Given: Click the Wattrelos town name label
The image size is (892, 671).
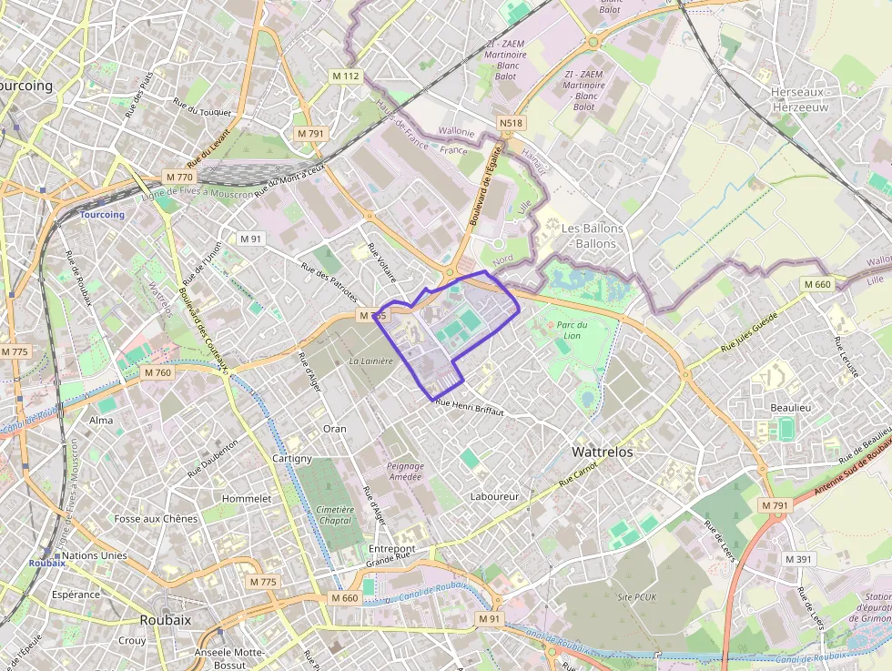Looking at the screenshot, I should tap(602, 452).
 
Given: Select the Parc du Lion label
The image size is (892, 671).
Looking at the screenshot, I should tap(572, 330).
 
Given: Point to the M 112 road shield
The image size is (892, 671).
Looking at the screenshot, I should tap(346, 76).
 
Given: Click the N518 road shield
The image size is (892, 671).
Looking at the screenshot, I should tap(511, 123).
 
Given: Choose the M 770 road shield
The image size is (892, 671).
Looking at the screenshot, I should tap(179, 177).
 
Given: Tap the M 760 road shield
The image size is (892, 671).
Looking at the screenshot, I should tap(157, 372).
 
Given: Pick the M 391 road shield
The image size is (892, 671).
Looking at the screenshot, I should tap(797, 559).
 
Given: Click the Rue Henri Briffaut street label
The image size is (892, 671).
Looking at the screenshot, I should tap(469, 407).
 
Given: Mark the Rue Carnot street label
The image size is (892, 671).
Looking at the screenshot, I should tap(578, 473).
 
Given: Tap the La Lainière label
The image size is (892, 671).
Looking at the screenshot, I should tap(370, 361).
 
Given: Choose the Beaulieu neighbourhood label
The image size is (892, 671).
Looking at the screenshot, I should tap(790, 408).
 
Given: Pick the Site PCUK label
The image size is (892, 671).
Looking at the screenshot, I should tap(637, 596).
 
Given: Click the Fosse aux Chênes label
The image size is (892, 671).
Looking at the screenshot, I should tap(156, 519).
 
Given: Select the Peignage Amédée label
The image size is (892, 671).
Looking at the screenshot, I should tap(405, 471).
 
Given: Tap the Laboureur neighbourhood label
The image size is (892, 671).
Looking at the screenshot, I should tap(494, 496).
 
